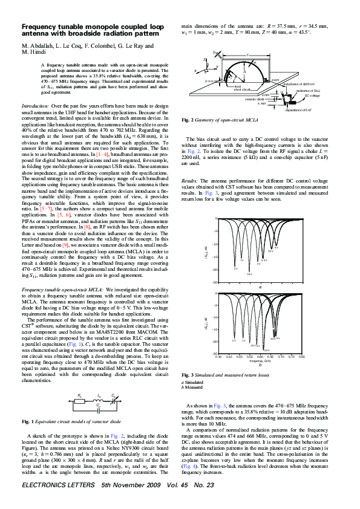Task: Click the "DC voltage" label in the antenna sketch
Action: (312, 96)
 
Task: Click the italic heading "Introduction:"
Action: (35, 105)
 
